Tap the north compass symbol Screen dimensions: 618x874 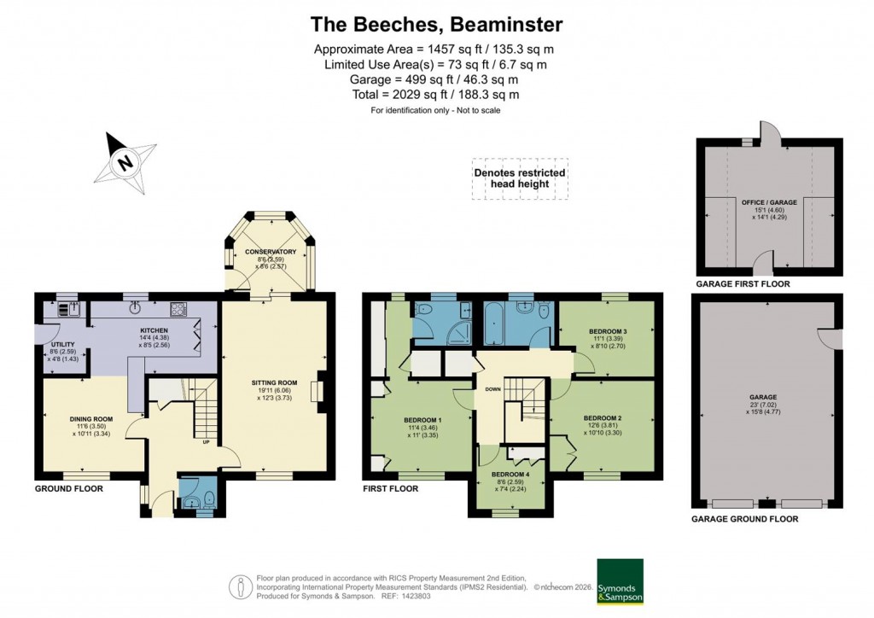click(x=125, y=161)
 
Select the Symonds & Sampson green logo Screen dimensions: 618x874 click(x=619, y=582)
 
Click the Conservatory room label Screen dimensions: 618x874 click(x=271, y=252)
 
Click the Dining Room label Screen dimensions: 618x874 click(x=91, y=418)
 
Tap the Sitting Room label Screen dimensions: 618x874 click(x=274, y=382)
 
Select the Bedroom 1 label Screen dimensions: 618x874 click(x=422, y=419)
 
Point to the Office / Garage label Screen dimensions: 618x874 click(x=769, y=202)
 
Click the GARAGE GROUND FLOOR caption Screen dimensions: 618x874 click(x=744, y=519)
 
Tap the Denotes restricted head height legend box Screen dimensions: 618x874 click(x=520, y=178)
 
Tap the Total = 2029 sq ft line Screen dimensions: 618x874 click(x=435, y=95)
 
